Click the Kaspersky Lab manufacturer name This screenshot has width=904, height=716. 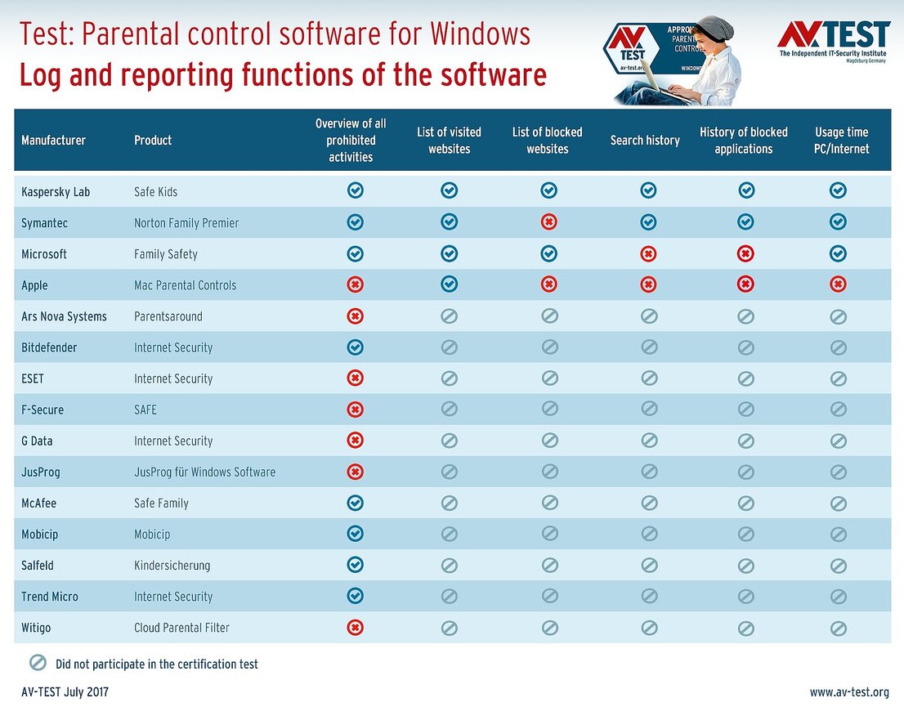click(x=56, y=192)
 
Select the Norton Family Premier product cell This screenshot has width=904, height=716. click(x=186, y=223)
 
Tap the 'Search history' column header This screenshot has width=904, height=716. click(x=645, y=141)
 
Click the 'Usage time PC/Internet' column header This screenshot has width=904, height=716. click(x=841, y=141)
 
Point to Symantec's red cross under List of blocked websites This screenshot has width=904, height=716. click(x=549, y=222)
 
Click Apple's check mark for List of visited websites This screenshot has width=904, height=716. click(x=450, y=284)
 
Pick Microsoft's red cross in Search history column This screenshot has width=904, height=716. click(x=648, y=254)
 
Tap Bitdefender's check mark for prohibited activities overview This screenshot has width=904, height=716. click(x=355, y=347)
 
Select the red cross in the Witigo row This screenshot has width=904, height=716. click(x=355, y=627)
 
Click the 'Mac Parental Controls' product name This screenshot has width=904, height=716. click(x=185, y=285)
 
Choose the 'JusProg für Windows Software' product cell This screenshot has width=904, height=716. click(x=204, y=472)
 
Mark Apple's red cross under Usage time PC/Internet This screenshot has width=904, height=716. click(x=838, y=284)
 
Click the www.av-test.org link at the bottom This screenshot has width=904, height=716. click(x=849, y=692)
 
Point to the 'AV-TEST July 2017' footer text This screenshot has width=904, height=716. click(x=65, y=692)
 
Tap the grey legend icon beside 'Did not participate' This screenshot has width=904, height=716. click(x=38, y=663)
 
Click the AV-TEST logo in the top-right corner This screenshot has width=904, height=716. click(x=833, y=38)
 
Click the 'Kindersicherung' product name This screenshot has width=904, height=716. click(x=172, y=566)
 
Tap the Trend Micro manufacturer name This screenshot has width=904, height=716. click(x=50, y=597)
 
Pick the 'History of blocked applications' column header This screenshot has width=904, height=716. click(x=743, y=141)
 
